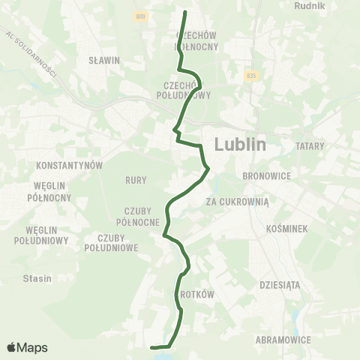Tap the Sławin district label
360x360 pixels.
tap(104, 61)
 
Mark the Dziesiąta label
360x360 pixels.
tap(279, 284)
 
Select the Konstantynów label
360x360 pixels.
tap(69, 164)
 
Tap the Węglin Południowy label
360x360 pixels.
tap(42, 235)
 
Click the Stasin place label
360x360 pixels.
tap(37, 278)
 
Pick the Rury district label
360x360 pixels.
tap(136, 180)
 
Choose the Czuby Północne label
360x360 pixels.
tap(138, 216)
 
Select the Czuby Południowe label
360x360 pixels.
tap(112, 242)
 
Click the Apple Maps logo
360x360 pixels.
tap(27, 347)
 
